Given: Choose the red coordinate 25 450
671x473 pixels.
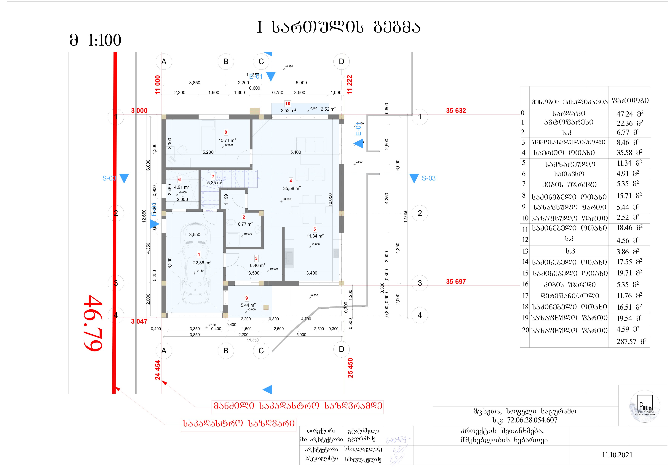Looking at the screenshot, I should click(350, 368).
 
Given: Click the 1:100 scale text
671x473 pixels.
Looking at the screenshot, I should click(104, 40).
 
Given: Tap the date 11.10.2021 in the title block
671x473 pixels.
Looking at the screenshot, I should click(617, 455).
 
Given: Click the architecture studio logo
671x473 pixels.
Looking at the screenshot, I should click(644, 406).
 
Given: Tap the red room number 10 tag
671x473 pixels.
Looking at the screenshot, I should click(287, 104).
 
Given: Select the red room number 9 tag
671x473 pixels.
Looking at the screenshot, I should click(246, 298).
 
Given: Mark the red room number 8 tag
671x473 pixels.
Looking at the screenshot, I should click(225, 132).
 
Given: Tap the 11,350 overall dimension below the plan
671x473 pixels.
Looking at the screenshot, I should click(253, 340).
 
